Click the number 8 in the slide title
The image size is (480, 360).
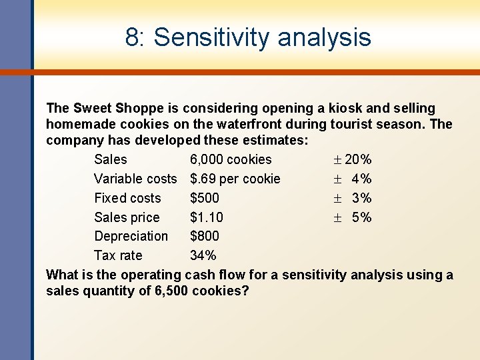point(132,37)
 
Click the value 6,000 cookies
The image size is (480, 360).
point(231,159)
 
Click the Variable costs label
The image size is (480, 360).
point(135,179)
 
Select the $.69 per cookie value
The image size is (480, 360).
point(235,179)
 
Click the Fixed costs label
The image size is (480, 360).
point(127,198)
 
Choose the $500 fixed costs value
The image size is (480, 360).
point(204,198)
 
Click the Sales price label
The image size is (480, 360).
point(127,217)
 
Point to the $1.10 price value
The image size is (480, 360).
point(207,217)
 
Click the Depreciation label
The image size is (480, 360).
point(131,236)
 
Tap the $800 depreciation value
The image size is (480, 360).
point(204,236)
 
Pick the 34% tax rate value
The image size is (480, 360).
point(203,255)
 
